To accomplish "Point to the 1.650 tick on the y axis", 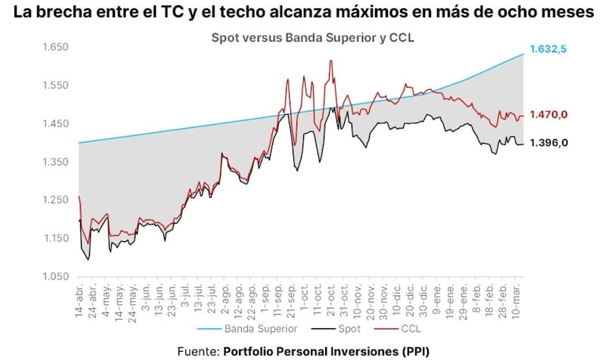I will coord(54,47).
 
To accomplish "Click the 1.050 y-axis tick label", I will coord(54,277).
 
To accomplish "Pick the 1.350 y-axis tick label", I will coord(54,162).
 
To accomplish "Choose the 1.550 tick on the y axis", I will coord(54,85).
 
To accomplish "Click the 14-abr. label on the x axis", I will coord(80,299).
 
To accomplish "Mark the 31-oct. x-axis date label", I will coord(344,299).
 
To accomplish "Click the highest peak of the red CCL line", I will coord(331,61).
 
